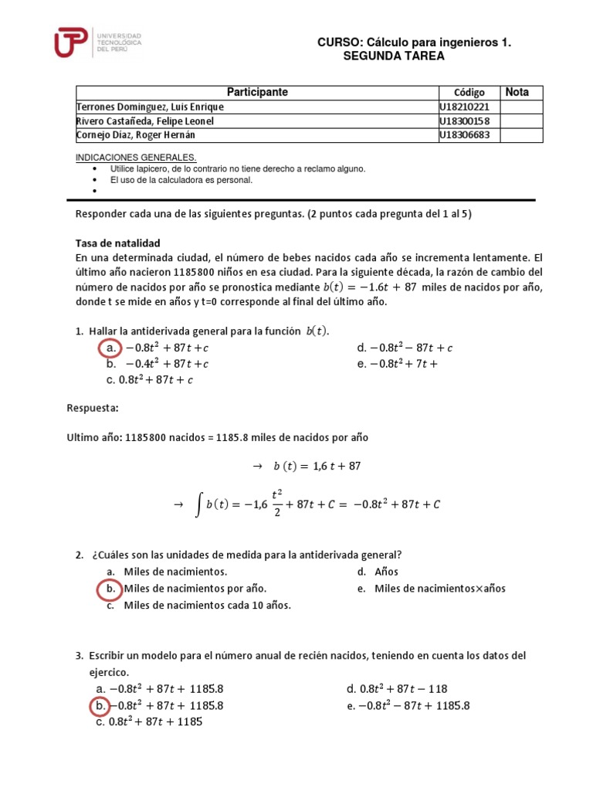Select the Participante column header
(x=257, y=93)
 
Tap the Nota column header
(x=517, y=93)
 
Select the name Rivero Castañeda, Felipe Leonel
(x=144, y=121)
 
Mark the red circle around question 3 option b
(x=100, y=705)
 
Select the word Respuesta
(x=93, y=407)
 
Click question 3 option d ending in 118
(x=397, y=688)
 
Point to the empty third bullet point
(x=94, y=190)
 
